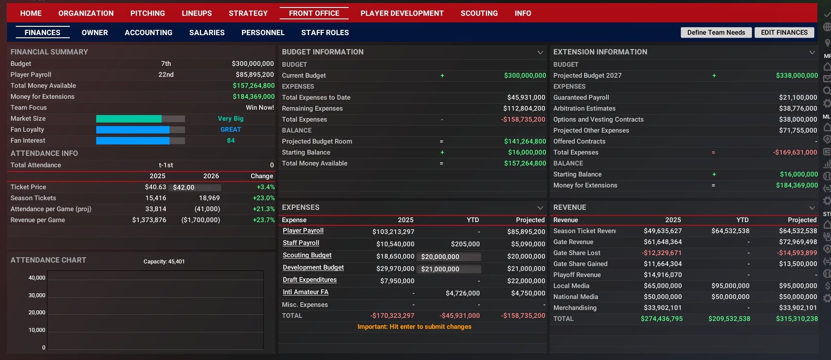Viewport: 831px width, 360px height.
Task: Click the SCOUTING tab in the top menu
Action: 479,13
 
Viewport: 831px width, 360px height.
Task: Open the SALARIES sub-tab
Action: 207,32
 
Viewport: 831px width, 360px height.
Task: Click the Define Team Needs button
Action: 716,32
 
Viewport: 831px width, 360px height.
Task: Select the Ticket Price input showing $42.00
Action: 194,187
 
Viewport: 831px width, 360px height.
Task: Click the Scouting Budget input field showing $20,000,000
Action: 450,257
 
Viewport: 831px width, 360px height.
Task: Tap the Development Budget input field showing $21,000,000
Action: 450,269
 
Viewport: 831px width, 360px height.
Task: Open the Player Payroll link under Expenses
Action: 303,231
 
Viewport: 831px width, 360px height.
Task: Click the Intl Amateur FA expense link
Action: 305,292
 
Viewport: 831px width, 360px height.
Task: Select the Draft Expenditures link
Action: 310,280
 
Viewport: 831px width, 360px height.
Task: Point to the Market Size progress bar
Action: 140,119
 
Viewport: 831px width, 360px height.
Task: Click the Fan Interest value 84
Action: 231,140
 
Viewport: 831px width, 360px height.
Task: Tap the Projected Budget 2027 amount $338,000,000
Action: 796,76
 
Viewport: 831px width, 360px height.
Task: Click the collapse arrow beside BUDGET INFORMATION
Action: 540,52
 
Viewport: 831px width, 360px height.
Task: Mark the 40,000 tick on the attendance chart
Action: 37,278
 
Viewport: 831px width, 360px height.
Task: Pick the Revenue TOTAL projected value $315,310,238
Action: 796,319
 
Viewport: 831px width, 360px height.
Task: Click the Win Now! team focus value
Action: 260,108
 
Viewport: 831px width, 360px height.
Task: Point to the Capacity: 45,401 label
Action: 164,262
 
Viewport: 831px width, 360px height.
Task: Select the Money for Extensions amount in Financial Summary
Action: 253,97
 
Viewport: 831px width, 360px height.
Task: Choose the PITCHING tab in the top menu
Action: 148,13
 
